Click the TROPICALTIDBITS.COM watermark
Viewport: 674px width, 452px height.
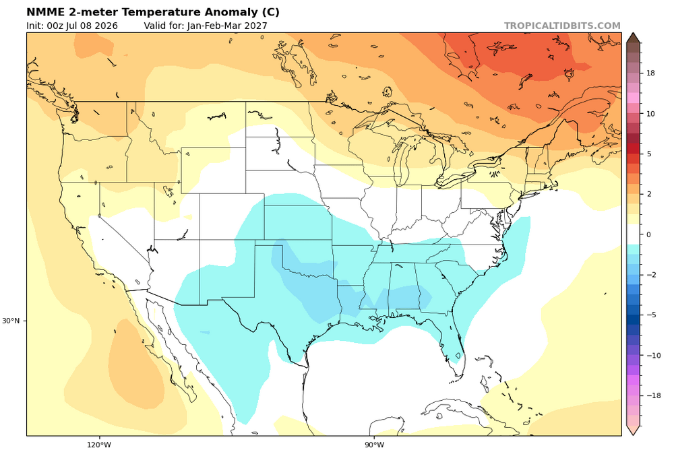coord(562,26)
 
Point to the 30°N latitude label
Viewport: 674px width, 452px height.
coord(11,321)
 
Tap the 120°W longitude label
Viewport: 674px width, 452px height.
coord(99,445)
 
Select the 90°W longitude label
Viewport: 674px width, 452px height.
coord(374,445)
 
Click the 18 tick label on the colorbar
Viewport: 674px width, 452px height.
coord(650,73)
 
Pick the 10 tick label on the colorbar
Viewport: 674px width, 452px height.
coord(650,114)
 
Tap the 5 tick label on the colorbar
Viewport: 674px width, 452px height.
coord(648,154)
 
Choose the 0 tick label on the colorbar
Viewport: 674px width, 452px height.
coord(648,234)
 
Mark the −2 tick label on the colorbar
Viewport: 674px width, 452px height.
coord(651,275)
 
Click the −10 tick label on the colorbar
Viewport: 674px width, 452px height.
coord(653,355)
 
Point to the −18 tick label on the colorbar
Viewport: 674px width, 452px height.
coord(653,395)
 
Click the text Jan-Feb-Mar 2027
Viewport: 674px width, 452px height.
coord(227,26)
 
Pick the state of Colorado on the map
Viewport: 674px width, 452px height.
coord(232,216)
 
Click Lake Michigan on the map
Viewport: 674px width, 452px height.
coord(402,159)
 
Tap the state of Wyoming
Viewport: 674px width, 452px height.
coord(213,170)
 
